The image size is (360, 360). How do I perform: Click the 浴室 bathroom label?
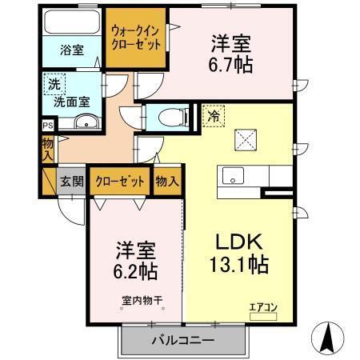(71, 50)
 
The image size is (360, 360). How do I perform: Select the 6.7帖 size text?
(232, 65)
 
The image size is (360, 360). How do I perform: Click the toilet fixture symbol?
(170, 118)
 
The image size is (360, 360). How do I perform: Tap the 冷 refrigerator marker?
(214, 116)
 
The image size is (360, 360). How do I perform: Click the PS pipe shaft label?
(47, 125)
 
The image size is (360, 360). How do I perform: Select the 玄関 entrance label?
(71, 181)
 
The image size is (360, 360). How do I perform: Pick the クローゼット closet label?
(120, 182)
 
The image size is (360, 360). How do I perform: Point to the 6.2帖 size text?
(135, 270)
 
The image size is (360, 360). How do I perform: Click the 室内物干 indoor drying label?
(142, 302)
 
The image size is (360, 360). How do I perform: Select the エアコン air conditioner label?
(261, 306)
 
